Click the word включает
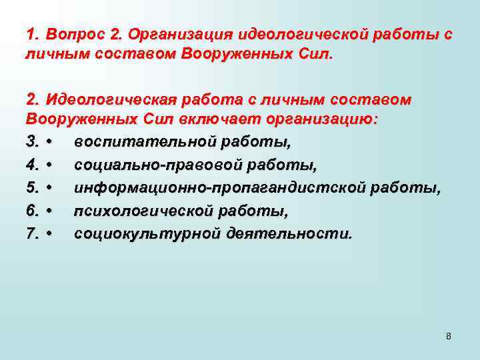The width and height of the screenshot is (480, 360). pos(225,121)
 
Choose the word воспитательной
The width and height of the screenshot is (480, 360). pos(141,142)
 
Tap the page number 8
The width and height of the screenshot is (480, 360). pos(449,336)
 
